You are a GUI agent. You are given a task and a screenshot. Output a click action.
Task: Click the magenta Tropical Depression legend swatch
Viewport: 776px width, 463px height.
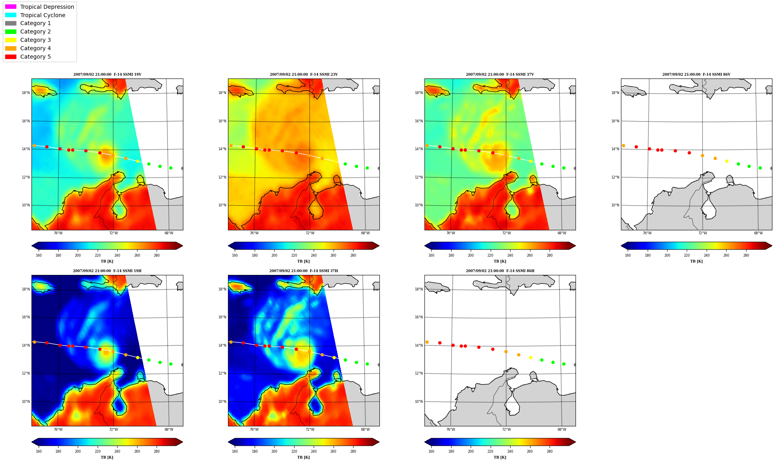coord(11,7)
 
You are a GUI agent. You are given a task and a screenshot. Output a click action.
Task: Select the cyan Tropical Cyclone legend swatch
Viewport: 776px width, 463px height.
coord(11,15)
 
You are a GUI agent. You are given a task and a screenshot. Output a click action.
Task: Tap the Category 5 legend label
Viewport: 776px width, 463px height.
coord(35,57)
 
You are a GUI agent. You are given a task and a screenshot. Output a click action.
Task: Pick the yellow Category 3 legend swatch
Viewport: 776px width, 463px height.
coord(11,40)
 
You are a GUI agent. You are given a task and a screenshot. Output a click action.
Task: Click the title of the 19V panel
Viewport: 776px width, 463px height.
coord(107,75)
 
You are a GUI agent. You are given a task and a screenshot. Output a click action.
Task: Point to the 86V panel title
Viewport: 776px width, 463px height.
coord(696,75)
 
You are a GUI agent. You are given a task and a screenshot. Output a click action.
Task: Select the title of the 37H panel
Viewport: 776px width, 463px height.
coord(303,271)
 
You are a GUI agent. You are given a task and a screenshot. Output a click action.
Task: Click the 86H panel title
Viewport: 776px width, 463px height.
coord(500,271)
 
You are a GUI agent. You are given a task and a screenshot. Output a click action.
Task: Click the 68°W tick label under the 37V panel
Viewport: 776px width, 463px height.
coord(562,233)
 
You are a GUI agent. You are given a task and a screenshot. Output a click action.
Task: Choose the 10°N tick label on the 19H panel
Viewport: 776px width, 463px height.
coord(26,402)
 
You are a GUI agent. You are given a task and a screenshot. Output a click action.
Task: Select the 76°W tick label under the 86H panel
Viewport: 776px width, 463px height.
coord(451,430)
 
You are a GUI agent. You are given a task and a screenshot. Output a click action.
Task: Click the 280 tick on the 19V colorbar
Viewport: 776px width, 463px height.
coord(157,255)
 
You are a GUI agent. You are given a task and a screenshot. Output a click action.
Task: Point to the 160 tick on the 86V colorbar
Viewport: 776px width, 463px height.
coord(628,255)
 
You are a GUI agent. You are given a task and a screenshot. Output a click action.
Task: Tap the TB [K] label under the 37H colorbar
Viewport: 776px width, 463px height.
coord(303,457)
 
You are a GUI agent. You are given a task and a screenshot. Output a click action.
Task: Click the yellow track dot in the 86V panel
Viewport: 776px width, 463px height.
coord(727,161)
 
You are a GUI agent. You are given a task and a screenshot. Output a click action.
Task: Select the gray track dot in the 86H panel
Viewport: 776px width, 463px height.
coord(574,365)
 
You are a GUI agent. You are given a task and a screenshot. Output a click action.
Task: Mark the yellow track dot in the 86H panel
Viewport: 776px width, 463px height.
coord(530,357)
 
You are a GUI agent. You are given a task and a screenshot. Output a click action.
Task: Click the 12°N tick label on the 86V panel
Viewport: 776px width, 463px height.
coord(615,177)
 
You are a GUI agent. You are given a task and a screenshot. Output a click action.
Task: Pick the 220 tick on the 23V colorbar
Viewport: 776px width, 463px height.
coord(294,255)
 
